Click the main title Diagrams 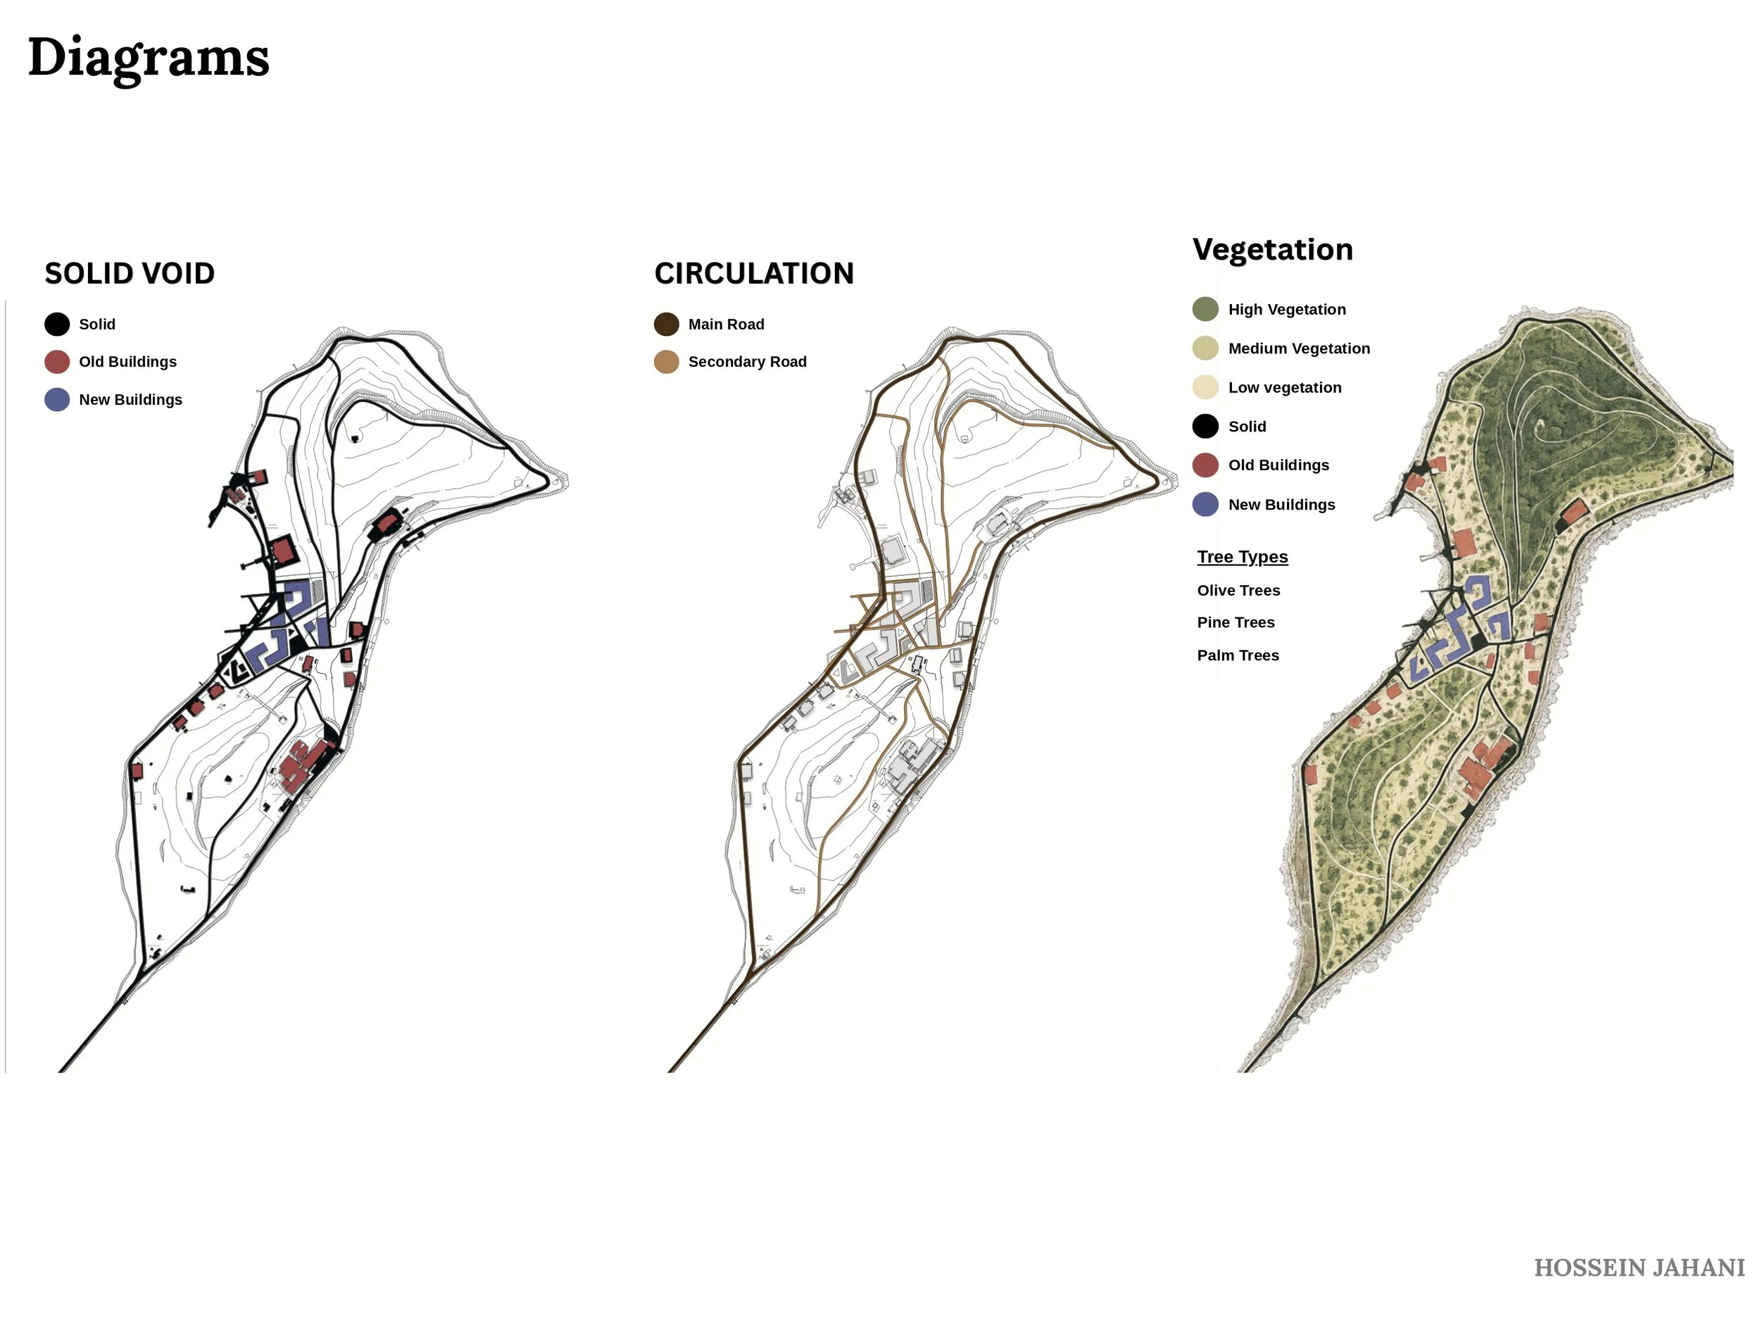pos(149,58)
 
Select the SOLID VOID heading pos(130,274)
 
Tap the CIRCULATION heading pos(753,274)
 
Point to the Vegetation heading pos(1272,250)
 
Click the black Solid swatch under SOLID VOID pos(57,324)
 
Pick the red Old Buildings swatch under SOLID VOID pos(57,361)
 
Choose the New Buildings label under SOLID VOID pos(130,399)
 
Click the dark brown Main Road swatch pos(667,324)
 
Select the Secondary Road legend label pos(747,362)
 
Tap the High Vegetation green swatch pos(1205,309)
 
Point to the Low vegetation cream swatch pos(1205,387)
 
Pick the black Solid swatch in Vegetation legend pos(1205,427)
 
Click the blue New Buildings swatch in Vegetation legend pos(1205,505)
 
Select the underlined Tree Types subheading pos(1242,557)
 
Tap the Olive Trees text pos(1238,591)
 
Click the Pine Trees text pos(1236,622)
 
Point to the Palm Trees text pos(1238,655)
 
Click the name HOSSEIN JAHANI pos(1639,1267)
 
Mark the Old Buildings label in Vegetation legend pos(1278,465)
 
